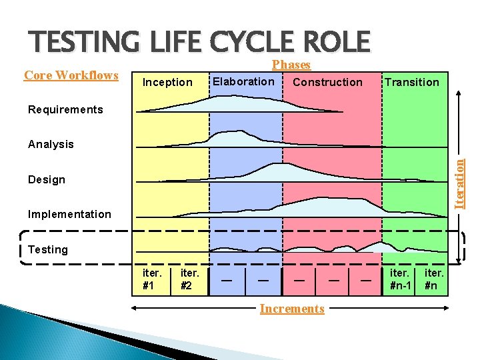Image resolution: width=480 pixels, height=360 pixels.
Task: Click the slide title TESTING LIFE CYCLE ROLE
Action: tap(199, 41)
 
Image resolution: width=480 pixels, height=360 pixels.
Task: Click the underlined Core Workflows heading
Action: tap(71, 75)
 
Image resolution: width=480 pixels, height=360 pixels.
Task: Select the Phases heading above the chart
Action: tap(291, 65)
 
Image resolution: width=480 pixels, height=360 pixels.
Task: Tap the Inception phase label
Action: tap(167, 82)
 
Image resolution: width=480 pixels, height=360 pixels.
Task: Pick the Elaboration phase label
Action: tap(243, 81)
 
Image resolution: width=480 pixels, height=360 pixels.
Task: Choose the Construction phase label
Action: tap(327, 82)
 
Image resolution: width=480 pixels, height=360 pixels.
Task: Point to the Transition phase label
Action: tap(411, 82)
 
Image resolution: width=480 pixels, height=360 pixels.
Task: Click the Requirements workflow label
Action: tap(65, 109)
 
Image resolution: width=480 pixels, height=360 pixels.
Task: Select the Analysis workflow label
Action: tap(51, 144)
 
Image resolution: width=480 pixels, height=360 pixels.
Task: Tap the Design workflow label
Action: tap(47, 179)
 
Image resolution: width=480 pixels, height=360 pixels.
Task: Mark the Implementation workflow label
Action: tap(69, 214)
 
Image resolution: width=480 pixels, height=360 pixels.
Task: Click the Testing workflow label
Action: tap(48, 249)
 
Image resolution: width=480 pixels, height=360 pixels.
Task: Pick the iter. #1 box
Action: tap(152, 279)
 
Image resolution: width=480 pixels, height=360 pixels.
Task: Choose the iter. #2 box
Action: tap(190, 279)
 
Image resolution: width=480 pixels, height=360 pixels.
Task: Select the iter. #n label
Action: tap(434, 279)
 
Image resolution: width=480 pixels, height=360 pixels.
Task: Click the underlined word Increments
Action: tap(292, 309)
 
